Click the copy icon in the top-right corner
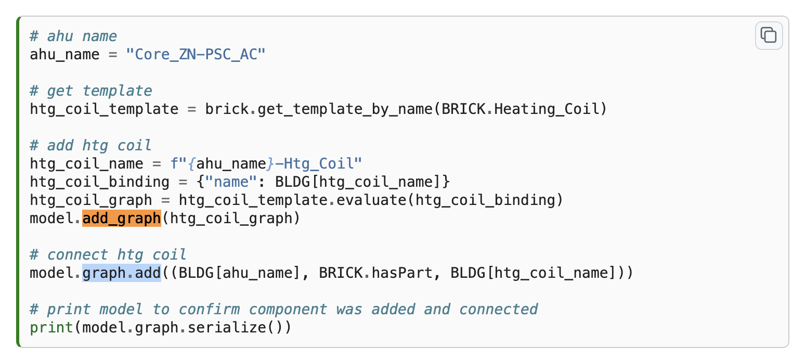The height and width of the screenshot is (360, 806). [x=769, y=35]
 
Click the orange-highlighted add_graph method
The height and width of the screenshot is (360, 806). [x=122, y=218]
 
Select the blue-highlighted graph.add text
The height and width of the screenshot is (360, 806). [x=122, y=273]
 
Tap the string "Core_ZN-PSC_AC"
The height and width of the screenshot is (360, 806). [x=196, y=55]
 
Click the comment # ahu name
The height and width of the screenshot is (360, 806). [x=73, y=36]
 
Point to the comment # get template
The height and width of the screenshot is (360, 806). [x=91, y=91]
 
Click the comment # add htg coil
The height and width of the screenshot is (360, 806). [x=91, y=146]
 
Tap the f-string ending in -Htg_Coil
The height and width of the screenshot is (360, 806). [x=266, y=164]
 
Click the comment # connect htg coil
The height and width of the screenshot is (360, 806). [x=108, y=255]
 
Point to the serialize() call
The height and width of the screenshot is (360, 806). [x=249, y=328]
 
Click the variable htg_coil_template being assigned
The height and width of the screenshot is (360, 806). [x=104, y=109]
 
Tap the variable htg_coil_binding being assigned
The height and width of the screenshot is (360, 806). [x=99, y=182]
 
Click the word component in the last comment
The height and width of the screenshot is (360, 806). [x=288, y=310]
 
